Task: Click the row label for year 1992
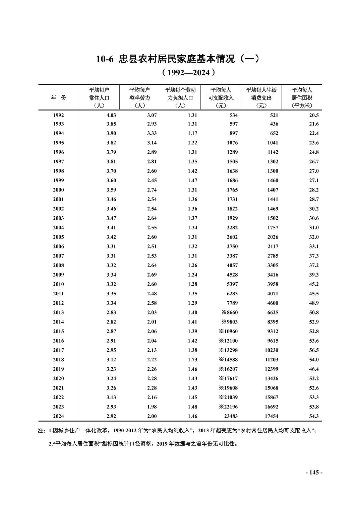tap(58, 115)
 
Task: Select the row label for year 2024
tap(58, 416)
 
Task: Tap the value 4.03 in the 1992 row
tap(111, 115)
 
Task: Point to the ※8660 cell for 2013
tap(230, 312)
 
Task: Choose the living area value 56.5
tap(314, 350)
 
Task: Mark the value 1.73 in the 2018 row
tap(192, 360)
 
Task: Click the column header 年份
tap(58, 97)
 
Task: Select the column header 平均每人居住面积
tap(302, 97)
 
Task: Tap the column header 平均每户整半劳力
tap(140, 97)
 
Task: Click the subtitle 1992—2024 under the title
tap(188, 72)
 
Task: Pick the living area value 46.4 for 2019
tap(314, 369)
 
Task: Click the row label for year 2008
tap(58, 265)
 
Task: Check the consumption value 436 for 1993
tap(274, 124)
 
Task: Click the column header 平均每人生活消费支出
tap(261, 97)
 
